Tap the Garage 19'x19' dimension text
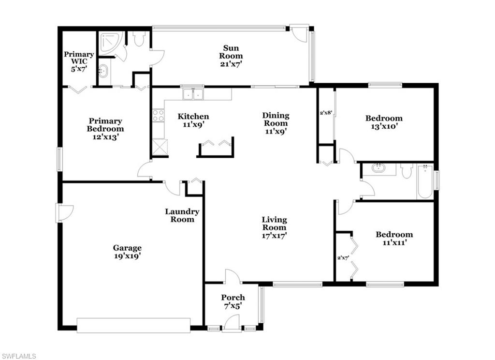(x=128, y=256)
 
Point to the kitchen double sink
(x=193, y=93)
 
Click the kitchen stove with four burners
(x=158, y=115)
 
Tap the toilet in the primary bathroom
(x=139, y=38)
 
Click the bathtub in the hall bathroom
(x=424, y=182)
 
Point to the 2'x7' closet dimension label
(x=343, y=257)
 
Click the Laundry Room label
(x=182, y=215)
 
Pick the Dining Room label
(x=276, y=119)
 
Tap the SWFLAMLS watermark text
(x=18, y=356)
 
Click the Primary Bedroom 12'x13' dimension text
(x=105, y=137)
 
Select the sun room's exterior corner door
(x=301, y=33)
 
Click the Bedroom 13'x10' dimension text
(x=383, y=126)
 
